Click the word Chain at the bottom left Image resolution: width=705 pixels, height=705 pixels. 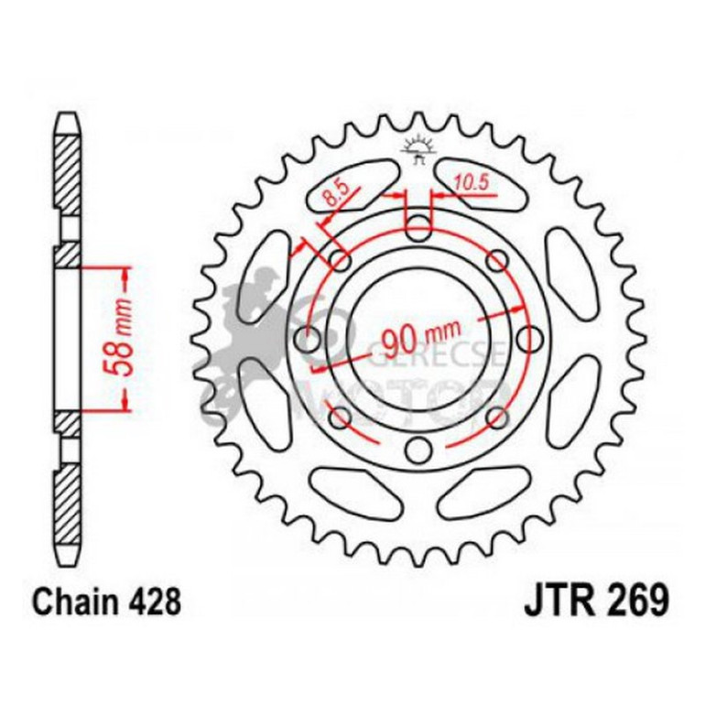70,604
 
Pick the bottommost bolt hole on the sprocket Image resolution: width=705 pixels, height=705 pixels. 418,450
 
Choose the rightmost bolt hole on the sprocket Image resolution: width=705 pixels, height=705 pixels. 529,339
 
